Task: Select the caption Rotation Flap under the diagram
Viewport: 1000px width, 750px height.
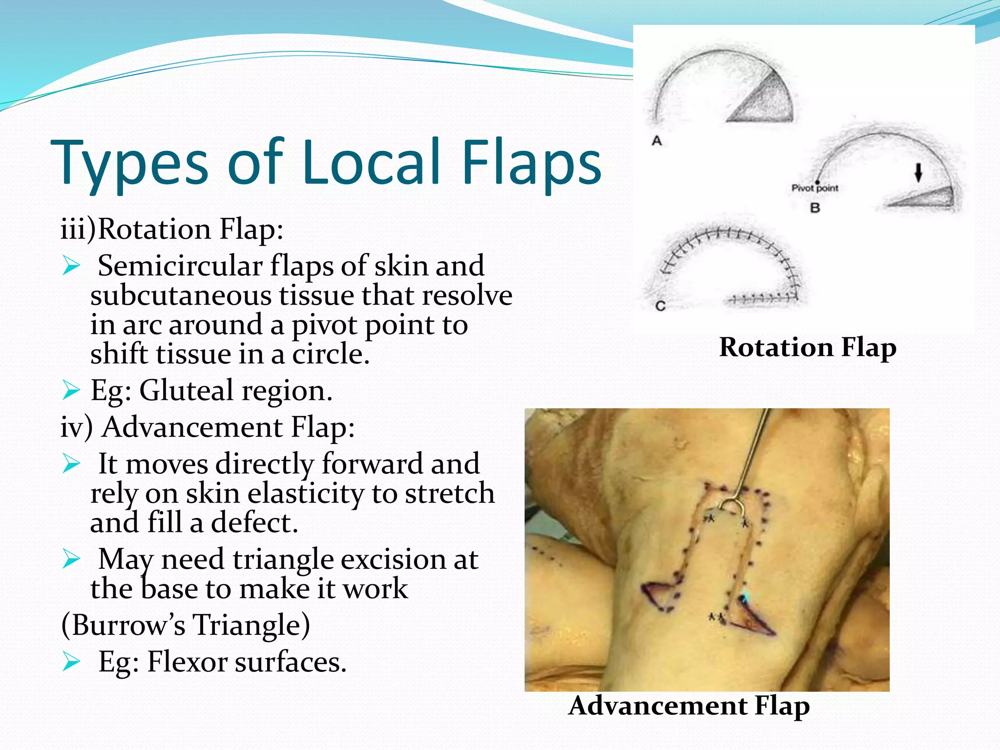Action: click(808, 347)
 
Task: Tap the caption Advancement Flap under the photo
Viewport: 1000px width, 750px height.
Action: click(689, 706)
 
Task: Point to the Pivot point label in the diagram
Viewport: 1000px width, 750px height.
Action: click(814, 188)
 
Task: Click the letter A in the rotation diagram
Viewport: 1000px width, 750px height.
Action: click(657, 141)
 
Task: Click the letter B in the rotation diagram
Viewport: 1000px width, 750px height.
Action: click(815, 208)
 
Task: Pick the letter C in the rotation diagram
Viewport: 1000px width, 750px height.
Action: click(660, 306)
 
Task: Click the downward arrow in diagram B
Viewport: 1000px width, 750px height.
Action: click(918, 172)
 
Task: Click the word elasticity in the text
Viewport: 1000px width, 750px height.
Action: click(306, 493)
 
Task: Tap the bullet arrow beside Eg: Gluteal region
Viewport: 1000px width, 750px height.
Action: click(71, 391)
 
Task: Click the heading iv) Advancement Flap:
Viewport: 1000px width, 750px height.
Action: click(208, 427)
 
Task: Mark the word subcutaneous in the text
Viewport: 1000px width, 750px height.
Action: click(180, 295)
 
